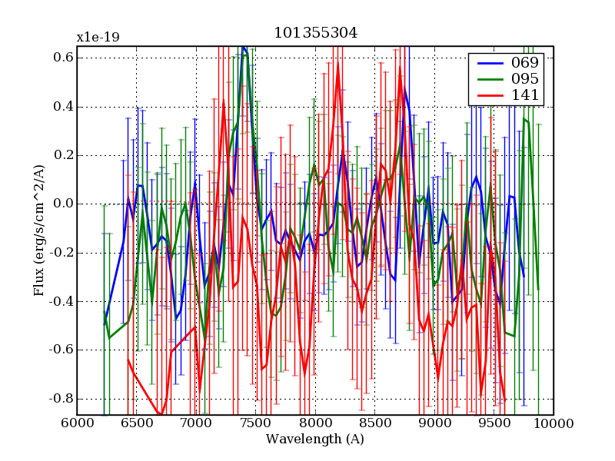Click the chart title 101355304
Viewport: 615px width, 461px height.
pyautogui.click(x=315, y=33)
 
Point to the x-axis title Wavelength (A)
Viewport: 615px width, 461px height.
pyautogui.click(x=314, y=439)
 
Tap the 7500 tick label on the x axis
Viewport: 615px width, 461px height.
pyautogui.click(x=255, y=423)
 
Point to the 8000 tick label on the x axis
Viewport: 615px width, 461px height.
pyautogui.click(x=315, y=423)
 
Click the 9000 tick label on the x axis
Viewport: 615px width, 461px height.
pyautogui.click(x=434, y=423)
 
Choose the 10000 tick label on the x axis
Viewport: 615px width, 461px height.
pyautogui.click(x=553, y=423)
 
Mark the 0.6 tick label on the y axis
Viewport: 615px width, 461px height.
pyautogui.click(x=64, y=58)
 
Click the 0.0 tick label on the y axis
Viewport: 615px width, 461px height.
pyautogui.click(x=64, y=204)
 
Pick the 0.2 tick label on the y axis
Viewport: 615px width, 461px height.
pyautogui.click(x=64, y=155)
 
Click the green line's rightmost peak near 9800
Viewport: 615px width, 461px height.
pyautogui.click(x=524, y=118)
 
